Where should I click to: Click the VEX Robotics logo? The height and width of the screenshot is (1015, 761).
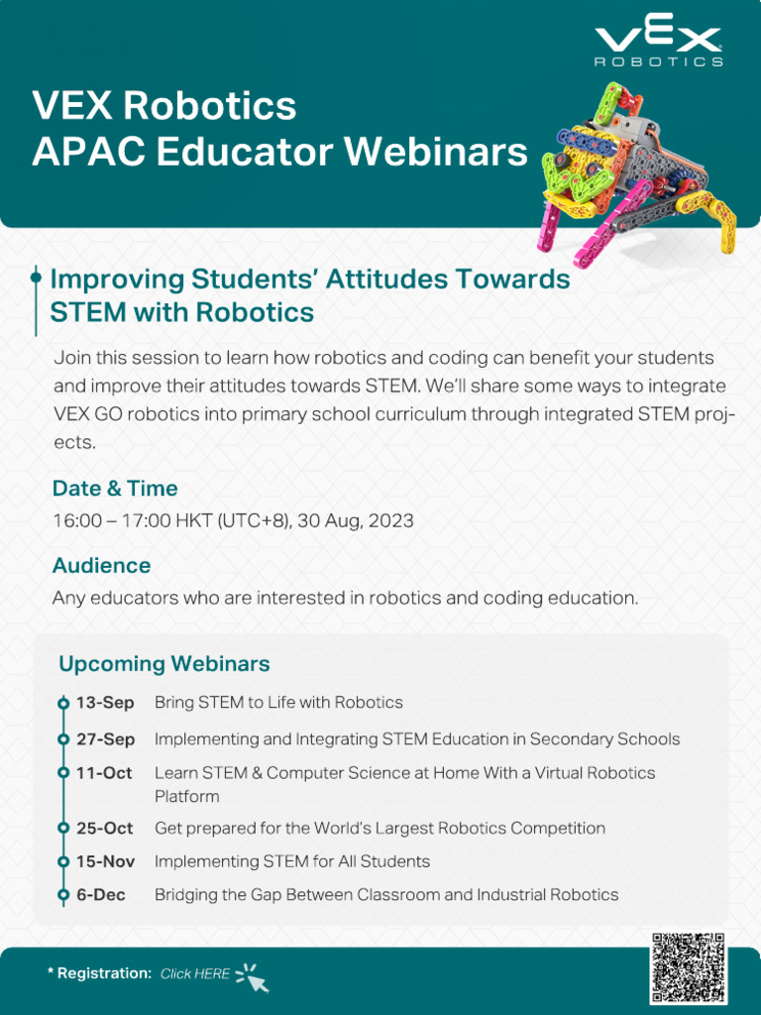pos(658,46)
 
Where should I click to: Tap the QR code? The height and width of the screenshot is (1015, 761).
pos(689,968)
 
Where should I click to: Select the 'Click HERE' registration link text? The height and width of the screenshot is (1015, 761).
pos(194,973)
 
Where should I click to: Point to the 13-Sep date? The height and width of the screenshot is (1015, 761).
pos(105,703)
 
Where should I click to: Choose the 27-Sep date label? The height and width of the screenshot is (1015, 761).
pos(105,739)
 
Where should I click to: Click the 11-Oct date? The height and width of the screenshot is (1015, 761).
pos(104,773)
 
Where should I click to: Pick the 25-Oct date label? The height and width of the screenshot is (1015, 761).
pos(105,829)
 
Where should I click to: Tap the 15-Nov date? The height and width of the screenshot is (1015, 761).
pos(105,861)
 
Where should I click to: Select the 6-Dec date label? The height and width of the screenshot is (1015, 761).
pos(101,895)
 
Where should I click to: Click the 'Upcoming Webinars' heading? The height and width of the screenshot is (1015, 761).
pos(164,663)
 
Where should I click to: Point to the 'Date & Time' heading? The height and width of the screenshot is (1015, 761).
pos(115,489)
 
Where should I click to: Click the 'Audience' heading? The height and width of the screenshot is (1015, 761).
pos(101,566)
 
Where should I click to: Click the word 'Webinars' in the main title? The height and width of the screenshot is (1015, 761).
pos(436,152)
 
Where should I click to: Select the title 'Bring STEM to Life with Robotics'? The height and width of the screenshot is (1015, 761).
pos(278,703)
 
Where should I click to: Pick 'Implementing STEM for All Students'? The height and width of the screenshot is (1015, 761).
pos(292,861)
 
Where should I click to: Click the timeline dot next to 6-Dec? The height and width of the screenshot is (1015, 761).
pos(63,895)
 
